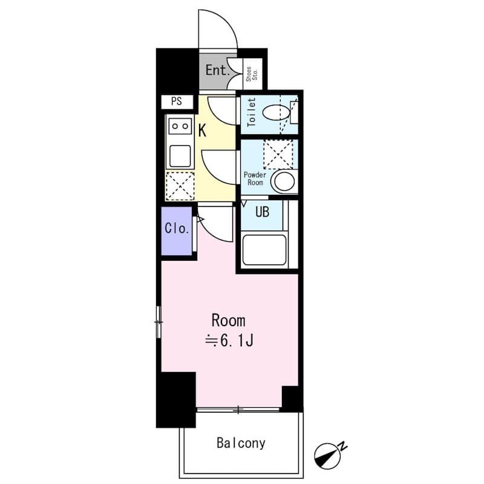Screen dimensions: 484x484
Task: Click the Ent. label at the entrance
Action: click(x=218, y=70)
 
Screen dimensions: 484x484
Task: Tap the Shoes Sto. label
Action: click(x=252, y=74)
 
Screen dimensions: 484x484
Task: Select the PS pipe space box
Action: click(x=177, y=102)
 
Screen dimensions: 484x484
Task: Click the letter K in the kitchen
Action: click(x=202, y=131)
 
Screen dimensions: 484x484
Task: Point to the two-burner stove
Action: click(x=180, y=126)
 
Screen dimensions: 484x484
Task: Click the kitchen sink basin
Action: click(x=180, y=155)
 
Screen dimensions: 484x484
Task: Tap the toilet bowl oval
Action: click(x=277, y=113)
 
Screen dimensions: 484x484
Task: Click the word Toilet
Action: click(x=252, y=112)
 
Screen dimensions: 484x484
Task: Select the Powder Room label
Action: click(x=255, y=178)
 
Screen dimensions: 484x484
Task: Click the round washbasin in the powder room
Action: click(x=284, y=181)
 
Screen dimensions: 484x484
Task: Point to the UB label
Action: click(x=262, y=212)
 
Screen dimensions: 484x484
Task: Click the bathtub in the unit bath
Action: click(x=264, y=250)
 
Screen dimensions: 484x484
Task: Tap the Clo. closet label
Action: click(x=177, y=229)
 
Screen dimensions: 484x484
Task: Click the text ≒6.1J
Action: click(x=230, y=341)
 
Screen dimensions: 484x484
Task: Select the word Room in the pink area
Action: click(x=229, y=321)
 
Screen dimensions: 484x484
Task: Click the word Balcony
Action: click(x=241, y=443)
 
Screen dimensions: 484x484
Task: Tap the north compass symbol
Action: click(x=328, y=456)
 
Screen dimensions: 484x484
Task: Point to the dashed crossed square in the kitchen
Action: click(x=180, y=186)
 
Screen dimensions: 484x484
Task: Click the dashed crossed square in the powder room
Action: click(x=278, y=154)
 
